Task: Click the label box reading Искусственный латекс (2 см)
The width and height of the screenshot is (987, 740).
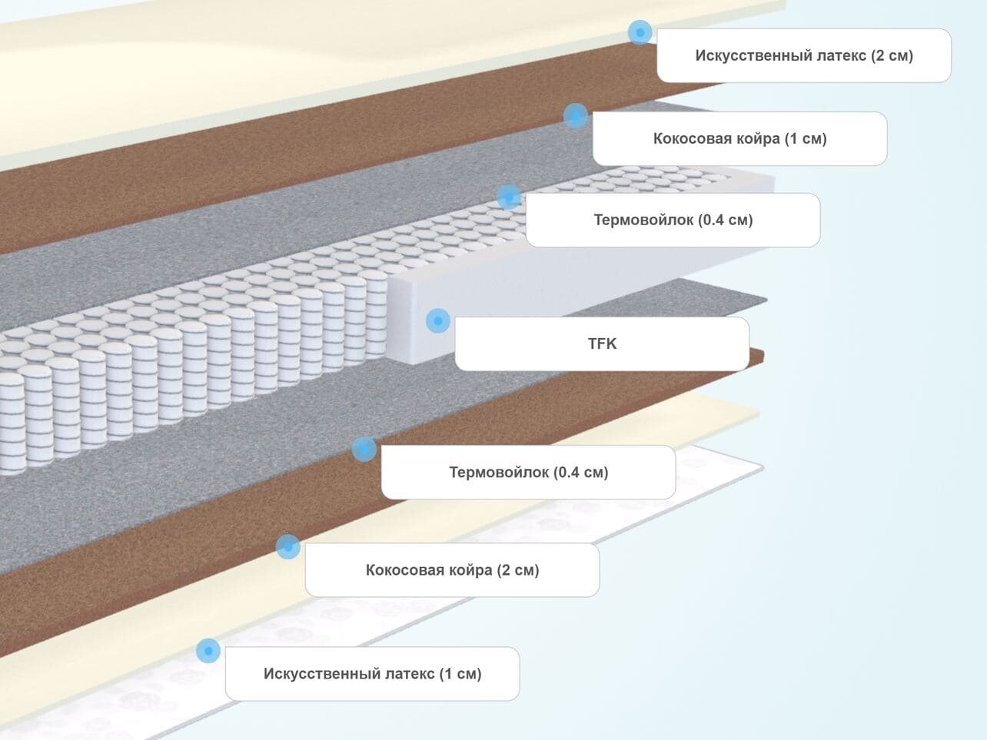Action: coord(803,55)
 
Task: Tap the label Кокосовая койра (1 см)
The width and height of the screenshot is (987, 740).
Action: coord(739,138)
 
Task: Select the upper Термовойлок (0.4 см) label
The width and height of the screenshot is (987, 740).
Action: coord(673,220)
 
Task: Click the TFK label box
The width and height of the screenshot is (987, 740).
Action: coord(602,343)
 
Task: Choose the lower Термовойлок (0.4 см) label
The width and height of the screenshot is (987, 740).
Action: coord(528,472)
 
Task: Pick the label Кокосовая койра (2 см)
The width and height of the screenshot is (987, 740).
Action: coord(452,570)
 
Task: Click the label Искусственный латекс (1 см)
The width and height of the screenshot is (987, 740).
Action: coord(372,674)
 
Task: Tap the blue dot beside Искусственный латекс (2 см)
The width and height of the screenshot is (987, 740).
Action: coord(640,32)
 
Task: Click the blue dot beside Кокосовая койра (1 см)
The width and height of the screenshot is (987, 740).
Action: coord(575,116)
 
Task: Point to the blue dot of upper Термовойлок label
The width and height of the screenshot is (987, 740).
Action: coord(509,197)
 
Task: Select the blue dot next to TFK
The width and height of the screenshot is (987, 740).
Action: coord(438,320)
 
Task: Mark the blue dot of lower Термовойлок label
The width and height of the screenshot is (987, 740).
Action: coord(364,449)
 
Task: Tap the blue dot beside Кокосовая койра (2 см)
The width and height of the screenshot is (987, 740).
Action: coord(288,547)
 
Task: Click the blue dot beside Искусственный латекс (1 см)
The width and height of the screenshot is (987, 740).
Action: coord(208,651)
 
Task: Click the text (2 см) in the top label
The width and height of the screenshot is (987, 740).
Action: coord(892,55)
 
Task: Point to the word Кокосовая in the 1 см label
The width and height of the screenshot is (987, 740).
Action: coord(690,138)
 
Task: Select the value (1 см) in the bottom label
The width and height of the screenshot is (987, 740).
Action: coord(460,674)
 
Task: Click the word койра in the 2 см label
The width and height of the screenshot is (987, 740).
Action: coord(471,570)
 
